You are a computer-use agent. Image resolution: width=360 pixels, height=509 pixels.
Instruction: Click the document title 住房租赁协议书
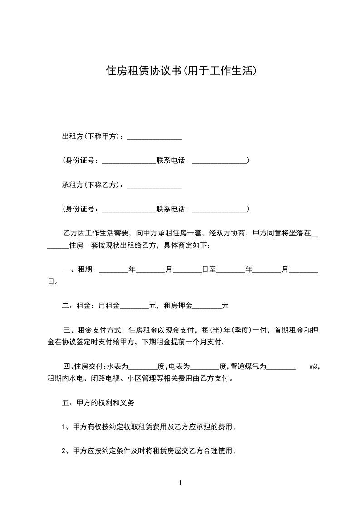143,71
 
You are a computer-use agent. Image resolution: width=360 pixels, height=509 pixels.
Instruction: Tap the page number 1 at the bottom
180,483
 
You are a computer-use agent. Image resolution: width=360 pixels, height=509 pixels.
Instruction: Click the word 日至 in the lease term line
209,269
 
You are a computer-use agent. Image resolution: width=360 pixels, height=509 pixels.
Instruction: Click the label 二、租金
79,306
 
